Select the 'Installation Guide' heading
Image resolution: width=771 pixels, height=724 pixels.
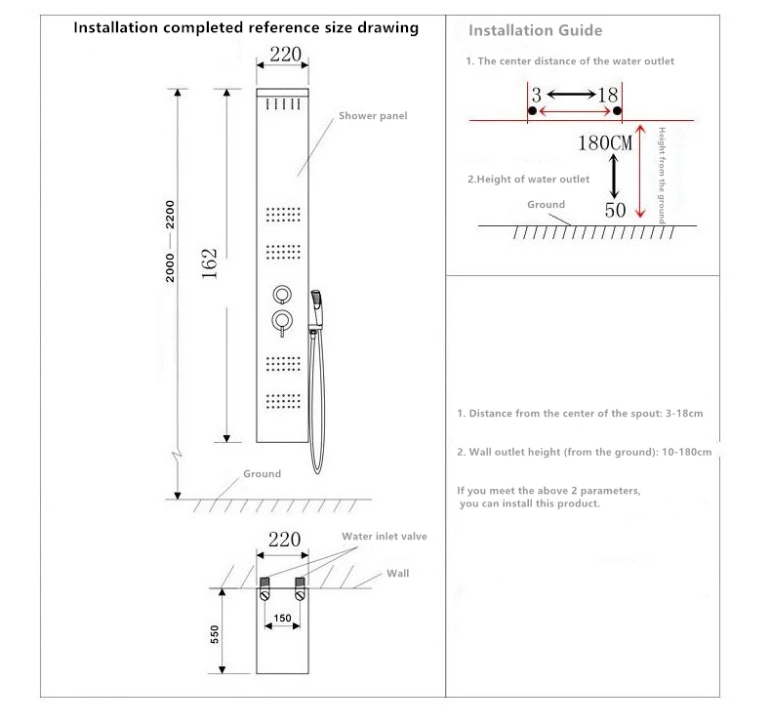536,31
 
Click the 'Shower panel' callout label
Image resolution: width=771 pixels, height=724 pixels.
373,116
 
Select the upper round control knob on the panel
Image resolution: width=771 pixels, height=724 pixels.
281,294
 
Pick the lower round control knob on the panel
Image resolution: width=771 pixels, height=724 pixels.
281,321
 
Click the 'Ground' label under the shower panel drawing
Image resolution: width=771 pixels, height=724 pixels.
262,474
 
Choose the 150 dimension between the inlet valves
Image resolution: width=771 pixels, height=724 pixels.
282,618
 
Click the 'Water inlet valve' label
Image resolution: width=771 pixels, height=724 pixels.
384,537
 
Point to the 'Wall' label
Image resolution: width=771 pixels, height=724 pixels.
397,574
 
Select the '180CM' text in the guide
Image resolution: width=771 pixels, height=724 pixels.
606,142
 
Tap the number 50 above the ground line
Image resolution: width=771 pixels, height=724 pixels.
615,210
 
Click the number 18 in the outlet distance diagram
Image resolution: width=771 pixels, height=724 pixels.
607,95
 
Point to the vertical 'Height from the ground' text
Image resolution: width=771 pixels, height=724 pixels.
661,176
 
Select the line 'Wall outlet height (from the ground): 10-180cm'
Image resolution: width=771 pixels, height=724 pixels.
585,453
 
